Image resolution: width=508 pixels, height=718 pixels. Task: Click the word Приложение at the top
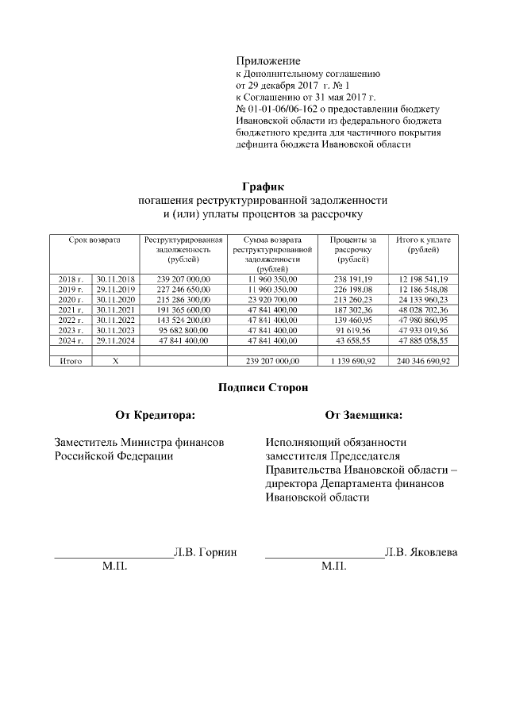point(268,61)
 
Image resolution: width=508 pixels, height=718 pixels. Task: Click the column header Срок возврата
point(94,240)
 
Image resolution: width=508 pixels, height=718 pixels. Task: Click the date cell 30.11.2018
point(116,279)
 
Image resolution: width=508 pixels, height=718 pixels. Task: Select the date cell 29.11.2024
point(116,340)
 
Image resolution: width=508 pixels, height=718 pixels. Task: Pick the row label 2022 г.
point(71,320)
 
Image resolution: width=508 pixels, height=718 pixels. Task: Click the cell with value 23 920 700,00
point(272,300)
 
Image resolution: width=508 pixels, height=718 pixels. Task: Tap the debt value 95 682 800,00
point(183,330)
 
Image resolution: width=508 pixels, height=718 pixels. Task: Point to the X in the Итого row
point(116,361)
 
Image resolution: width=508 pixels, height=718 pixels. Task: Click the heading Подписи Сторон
point(257,387)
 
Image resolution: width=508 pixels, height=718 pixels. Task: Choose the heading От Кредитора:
point(155,414)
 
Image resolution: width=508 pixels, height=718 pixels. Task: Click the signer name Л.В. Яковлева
point(420,551)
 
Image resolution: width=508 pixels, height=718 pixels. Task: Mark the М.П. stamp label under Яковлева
point(333,566)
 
